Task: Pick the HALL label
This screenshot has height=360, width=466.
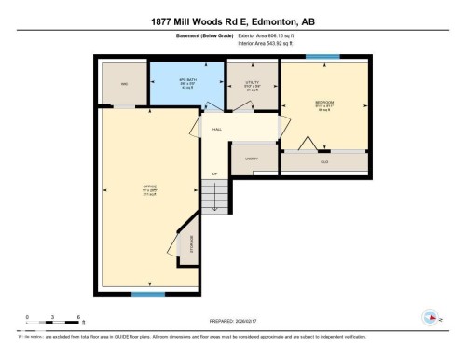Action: (217, 130)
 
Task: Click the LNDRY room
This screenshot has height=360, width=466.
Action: (251, 159)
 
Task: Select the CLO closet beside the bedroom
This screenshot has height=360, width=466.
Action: (324, 161)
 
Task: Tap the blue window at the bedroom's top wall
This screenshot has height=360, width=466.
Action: (322, 58)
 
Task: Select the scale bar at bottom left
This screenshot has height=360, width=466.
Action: (53, 324)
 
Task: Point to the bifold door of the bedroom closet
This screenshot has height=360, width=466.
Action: (305, 142)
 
